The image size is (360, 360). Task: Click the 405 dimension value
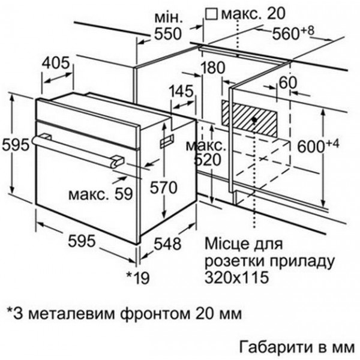pos(56,62)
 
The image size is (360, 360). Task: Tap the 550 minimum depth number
pos(168,34)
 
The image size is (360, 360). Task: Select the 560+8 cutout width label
pos(293,32)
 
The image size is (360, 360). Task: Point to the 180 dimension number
pos(212,67)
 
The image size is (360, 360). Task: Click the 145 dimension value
pos(181,91)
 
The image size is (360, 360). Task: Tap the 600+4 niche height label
pos(318,146)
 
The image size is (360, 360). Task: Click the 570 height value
pos(163,187)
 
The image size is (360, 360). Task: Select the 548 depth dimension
pos(167,244)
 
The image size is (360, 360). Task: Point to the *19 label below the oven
pos(138,278)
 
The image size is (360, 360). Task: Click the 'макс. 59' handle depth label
pos(101,194)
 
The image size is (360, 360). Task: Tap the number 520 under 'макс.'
pos(208,160)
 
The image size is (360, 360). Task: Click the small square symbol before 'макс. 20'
pos(211,14)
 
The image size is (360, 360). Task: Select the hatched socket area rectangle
pos(250,118)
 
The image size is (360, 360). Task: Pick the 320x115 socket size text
pos(237,277)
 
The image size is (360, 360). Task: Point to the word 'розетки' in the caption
pos(235,261)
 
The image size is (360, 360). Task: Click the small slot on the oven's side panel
pos(167,141)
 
